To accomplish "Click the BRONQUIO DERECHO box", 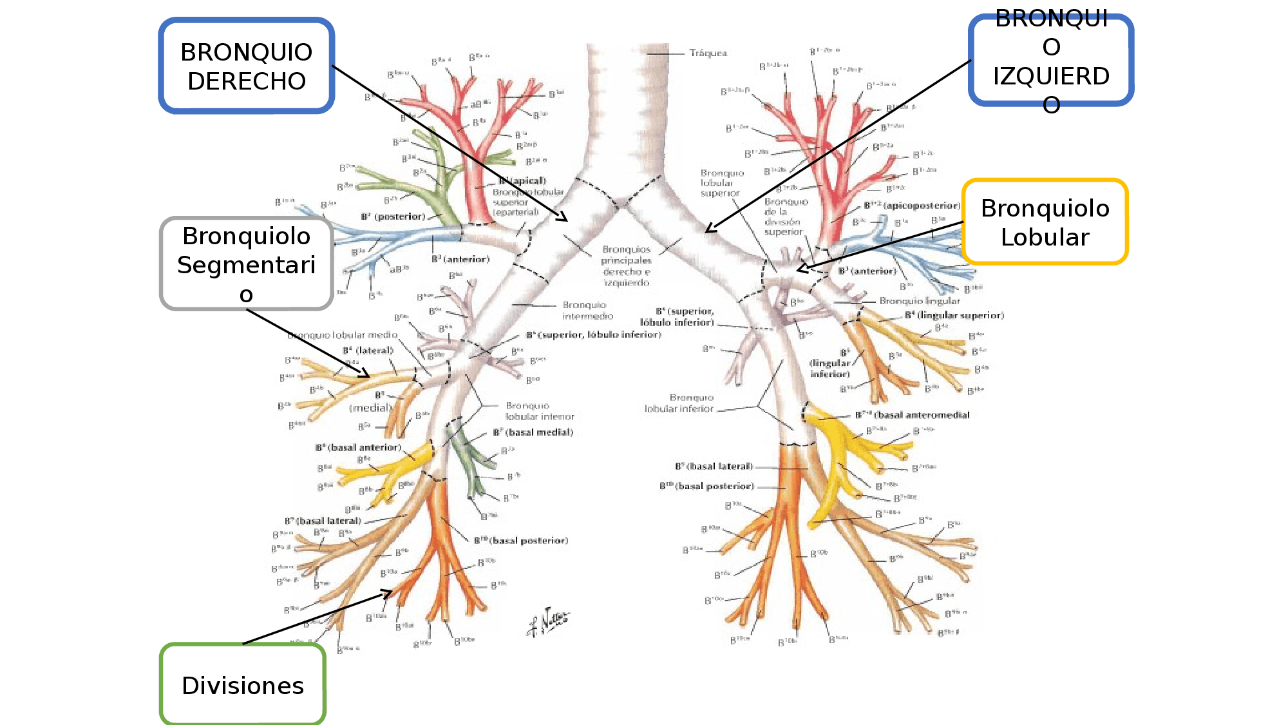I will pos(247,66).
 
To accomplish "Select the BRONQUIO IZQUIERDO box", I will pos(1051,61).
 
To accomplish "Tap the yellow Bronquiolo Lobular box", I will pos(1045,222).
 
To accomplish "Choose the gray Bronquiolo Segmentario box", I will pos(247,264).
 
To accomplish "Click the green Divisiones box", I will pos(243,685).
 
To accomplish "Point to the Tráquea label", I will pos(708,53).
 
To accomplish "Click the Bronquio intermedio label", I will pos(587,310).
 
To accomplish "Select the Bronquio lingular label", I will pos(920,301).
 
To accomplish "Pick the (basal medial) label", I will pos(539,432).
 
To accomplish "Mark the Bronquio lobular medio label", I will pos(342,335).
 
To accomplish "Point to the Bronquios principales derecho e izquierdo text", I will pos(626,266).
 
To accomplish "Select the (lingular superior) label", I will pos(960,315).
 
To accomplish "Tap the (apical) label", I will pos(528,180).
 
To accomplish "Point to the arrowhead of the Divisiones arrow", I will pos(390,591).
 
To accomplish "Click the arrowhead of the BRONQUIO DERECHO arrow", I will pos(566,220).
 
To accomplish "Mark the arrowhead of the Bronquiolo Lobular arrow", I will pos(799,270).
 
